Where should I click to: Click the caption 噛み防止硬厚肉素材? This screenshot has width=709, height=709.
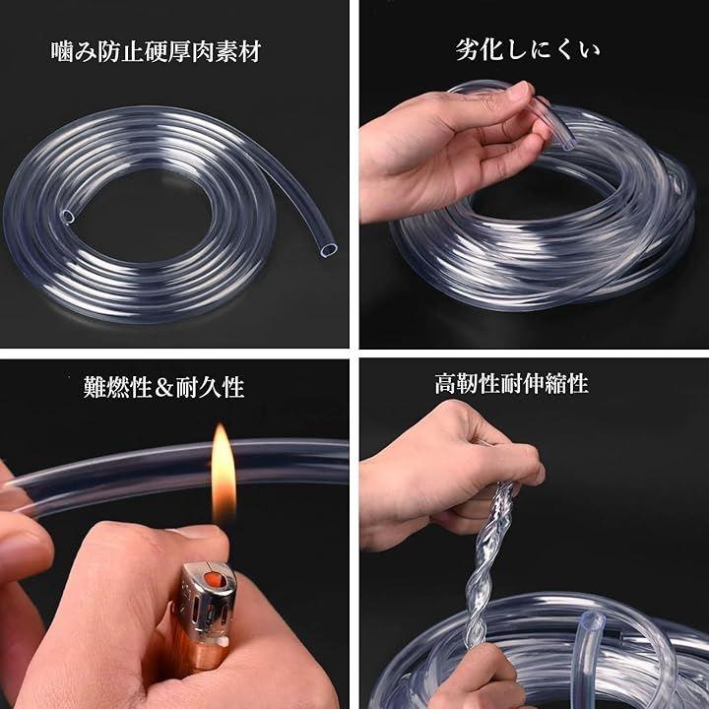156,51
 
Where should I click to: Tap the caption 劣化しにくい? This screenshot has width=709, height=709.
527,50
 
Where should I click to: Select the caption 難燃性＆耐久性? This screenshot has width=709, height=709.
163,387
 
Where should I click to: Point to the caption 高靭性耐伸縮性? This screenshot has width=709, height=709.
511,383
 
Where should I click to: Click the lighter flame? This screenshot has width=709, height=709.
224,475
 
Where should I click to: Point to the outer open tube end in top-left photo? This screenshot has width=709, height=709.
328,249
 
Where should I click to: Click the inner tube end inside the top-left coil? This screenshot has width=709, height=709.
68,217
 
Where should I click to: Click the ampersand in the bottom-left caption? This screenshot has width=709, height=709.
164,388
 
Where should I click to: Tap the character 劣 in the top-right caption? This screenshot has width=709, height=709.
467,50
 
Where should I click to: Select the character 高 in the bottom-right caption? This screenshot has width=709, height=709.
445,383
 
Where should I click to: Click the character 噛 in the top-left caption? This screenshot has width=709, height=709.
61,52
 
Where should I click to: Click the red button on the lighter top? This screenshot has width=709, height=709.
211,579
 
